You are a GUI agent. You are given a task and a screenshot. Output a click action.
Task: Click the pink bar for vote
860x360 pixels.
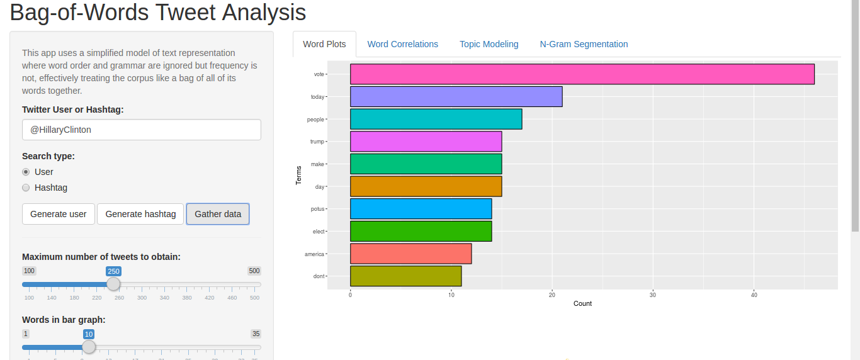(582, 74)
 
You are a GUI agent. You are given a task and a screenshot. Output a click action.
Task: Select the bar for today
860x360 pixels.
(456, 97)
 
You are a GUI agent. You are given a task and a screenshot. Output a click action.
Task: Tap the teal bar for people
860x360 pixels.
(436, 119)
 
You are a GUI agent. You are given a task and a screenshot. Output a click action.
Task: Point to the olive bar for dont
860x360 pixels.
(405, 276)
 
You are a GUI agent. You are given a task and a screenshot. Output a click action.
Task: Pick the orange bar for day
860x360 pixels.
(426, 186)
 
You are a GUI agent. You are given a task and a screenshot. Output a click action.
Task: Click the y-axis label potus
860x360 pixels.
(317, 209)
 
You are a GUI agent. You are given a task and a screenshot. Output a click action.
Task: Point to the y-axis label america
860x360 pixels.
(314, 254)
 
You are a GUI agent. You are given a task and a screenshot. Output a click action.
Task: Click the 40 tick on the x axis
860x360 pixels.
(754, 295)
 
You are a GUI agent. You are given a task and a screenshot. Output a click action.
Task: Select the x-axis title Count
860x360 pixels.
(582, 303)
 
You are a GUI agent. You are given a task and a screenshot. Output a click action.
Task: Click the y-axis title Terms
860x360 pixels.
(299, 175)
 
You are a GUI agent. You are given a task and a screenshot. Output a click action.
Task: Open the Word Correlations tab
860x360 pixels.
(402, 44)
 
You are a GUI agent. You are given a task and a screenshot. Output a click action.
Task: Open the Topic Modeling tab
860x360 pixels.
(489, 44)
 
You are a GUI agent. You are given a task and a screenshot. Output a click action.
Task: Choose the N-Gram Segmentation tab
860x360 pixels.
(584, 44)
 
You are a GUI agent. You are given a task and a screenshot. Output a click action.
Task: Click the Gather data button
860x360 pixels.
(218, 214)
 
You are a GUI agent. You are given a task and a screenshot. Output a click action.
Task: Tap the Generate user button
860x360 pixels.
(59, 214)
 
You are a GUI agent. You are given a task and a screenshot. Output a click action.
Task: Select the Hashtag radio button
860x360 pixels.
(26, 188)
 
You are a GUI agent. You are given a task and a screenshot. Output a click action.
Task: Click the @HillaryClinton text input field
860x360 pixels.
(141, 130)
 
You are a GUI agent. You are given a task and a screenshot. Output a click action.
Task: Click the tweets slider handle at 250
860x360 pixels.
(113, 284)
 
